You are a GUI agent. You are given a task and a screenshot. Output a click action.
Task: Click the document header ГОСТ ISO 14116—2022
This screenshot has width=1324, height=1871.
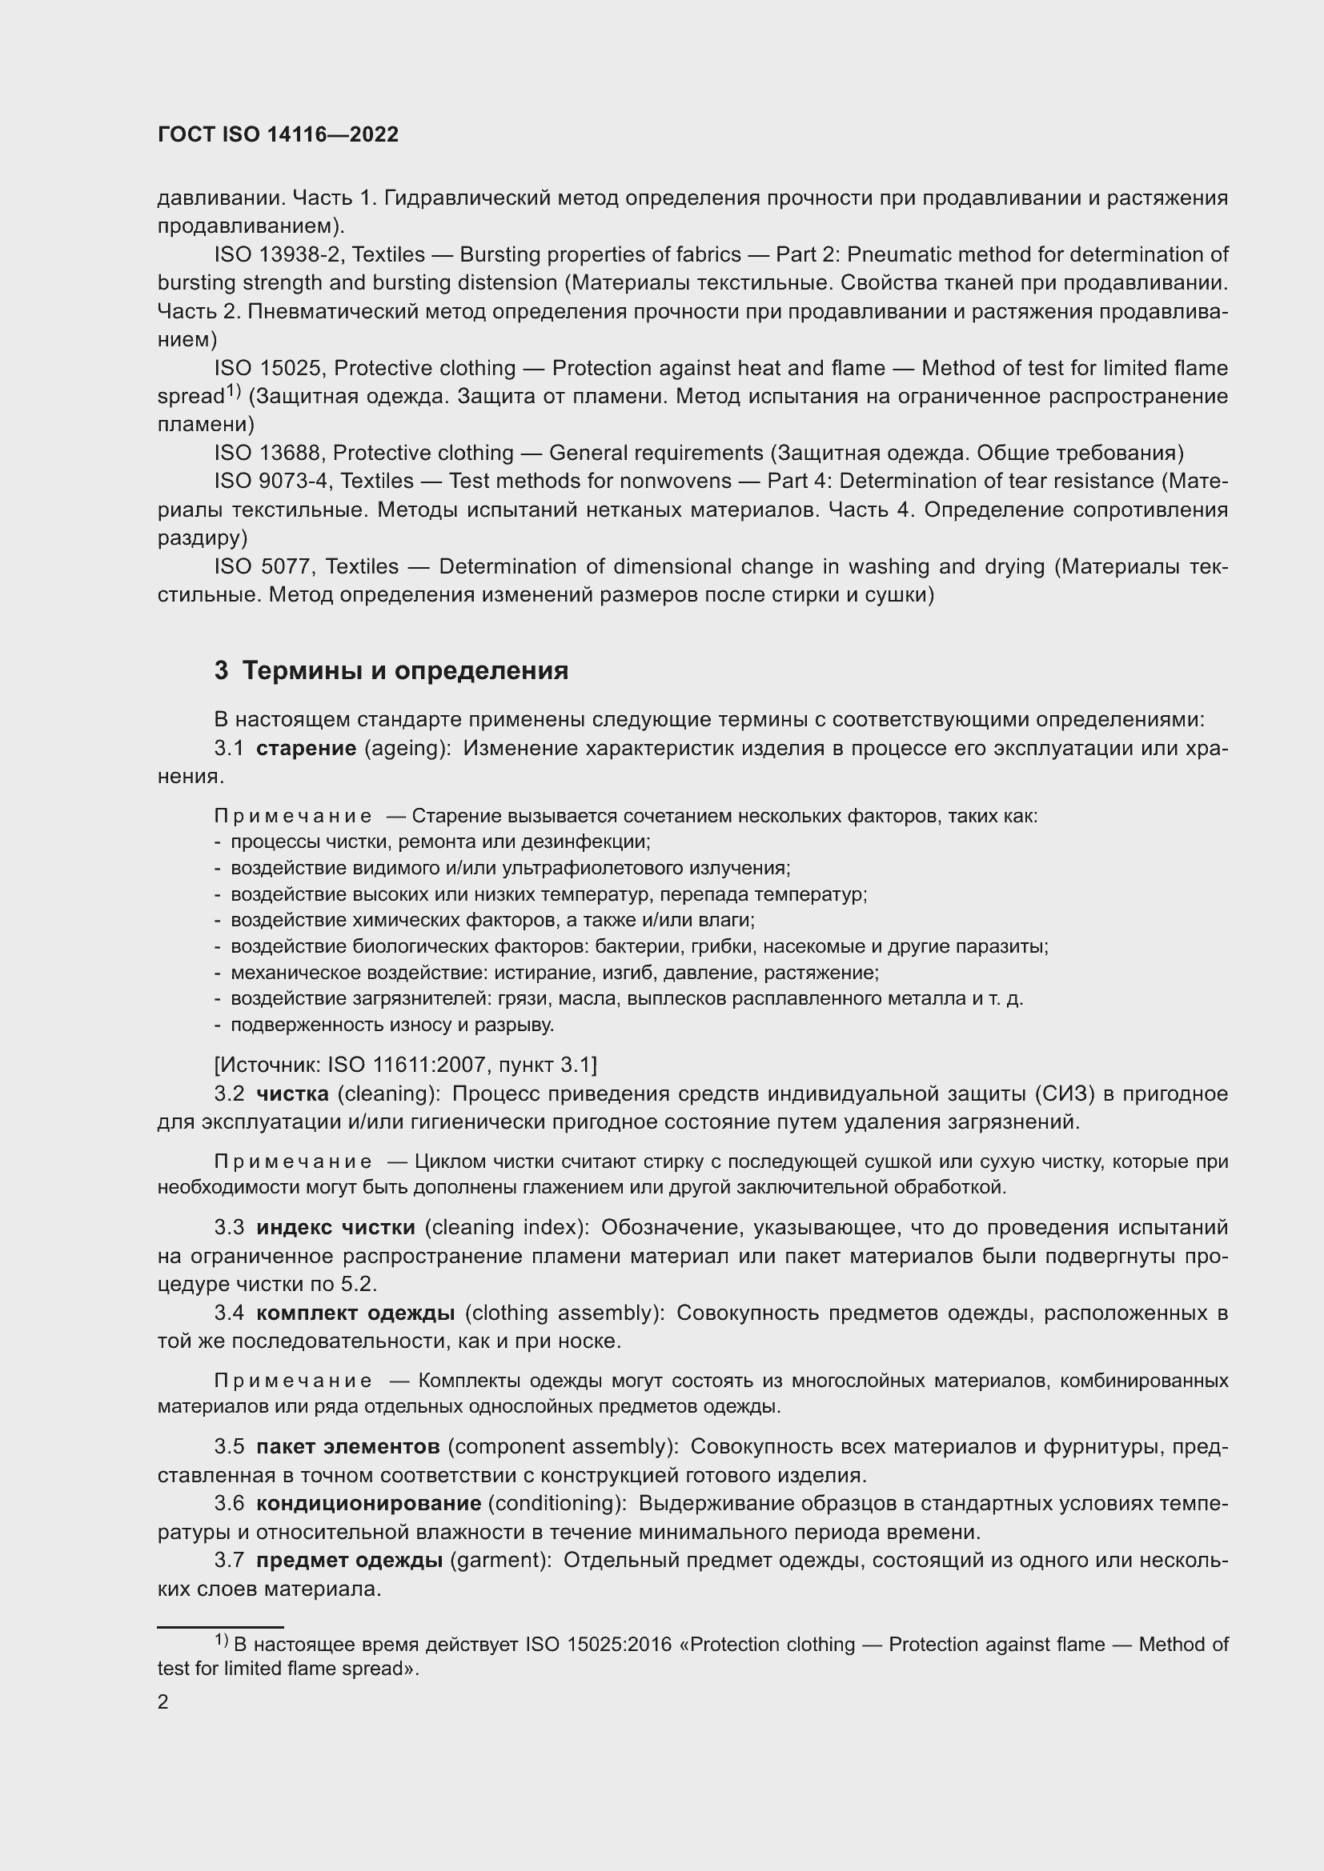pyautogui.click(x=278, y=134)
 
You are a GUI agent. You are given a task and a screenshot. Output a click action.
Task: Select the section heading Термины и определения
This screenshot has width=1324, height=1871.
pyautogui.click(x=391, y=670)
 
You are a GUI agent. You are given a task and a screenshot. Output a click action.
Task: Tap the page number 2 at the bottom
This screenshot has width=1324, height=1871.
pyautogui.click(x=163, y=1701)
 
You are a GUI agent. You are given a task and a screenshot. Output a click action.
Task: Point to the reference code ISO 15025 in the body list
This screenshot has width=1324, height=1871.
pyautogui.click(x=270, y=368)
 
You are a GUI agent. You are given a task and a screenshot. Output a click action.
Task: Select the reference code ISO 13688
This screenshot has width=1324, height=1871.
pyautogui.click(x=270, y=453)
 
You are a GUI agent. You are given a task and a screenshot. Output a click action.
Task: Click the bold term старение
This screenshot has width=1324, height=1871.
pyautogui.click(x=306, y=748)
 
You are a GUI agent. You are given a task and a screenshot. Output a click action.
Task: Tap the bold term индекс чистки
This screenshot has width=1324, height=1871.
pyautogui.click(x=335, y=1227)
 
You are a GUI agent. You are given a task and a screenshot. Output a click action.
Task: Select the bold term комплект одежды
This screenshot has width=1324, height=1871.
pyautogui.click(x=355, y=1313)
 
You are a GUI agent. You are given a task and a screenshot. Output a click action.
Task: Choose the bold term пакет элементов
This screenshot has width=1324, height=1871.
pyautogui.click(x=347, y=1446)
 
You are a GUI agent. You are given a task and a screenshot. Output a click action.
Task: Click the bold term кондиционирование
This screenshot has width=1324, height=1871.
pyautogui.click(x=367, y=1503)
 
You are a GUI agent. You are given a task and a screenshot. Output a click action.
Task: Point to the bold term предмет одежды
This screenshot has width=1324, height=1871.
pyautogui.click(x=349, y=1560)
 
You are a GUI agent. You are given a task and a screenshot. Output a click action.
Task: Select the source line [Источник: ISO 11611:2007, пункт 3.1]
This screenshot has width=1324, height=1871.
pyautogui.click(x=405, y=1065)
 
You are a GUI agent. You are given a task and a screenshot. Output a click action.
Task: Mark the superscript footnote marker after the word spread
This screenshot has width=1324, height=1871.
pyautogui.click(x=233, y=391)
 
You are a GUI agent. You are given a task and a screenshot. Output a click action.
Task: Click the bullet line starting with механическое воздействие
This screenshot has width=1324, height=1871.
pyautogui.click(x=554, y=973)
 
